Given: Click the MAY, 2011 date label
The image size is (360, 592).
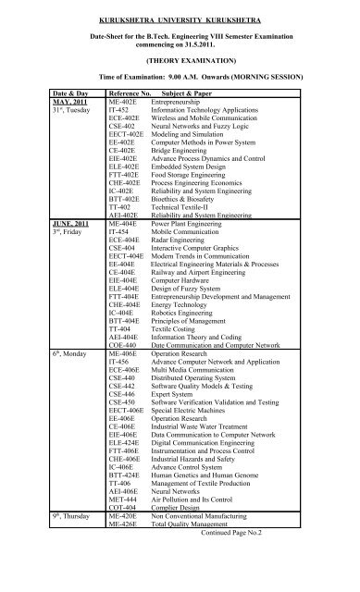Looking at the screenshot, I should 71,130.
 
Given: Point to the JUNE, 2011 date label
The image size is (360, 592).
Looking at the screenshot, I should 73,250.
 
